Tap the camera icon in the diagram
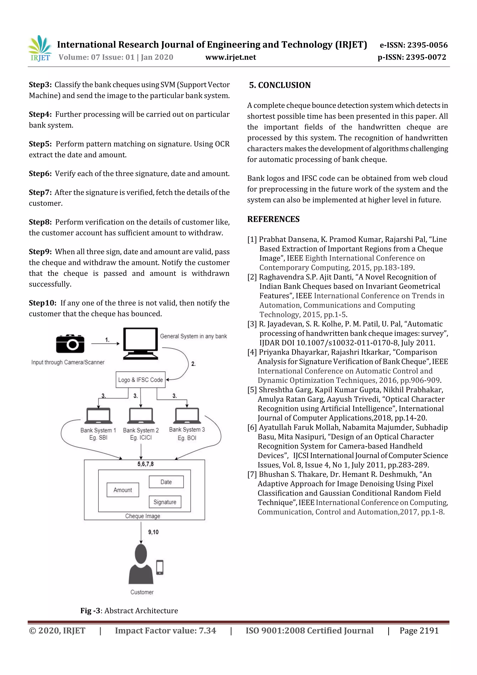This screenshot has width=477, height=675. (x=70, y=343)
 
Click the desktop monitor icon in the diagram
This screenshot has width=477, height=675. (x=140, y=343)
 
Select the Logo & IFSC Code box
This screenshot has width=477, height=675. (x=140, y=380)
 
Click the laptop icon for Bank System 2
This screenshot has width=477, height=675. (x=141, y=416)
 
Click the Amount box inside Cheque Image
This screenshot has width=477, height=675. (x=123, y=490)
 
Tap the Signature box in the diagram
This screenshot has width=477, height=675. (x=165, y=502)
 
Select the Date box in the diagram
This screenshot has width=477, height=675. (x=166, y=482)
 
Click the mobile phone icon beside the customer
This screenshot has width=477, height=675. (x=160, y=567)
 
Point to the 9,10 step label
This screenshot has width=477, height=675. (x=153, y=532)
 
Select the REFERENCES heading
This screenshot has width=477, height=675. (x=273, y=219)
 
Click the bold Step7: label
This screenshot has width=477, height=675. (x=40, y=192)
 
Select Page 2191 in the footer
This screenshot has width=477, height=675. (x=419, y=630)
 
